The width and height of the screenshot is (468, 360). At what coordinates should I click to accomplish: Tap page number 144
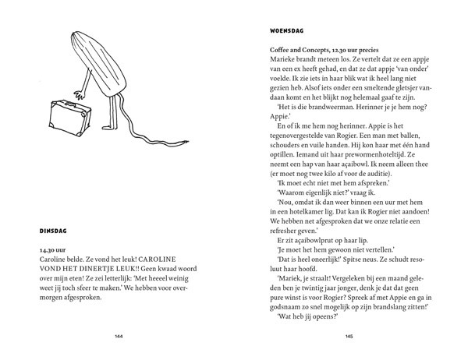click(x=119, y=337)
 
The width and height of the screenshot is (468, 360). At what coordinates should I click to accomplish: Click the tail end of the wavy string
click(x=184, y=140)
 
